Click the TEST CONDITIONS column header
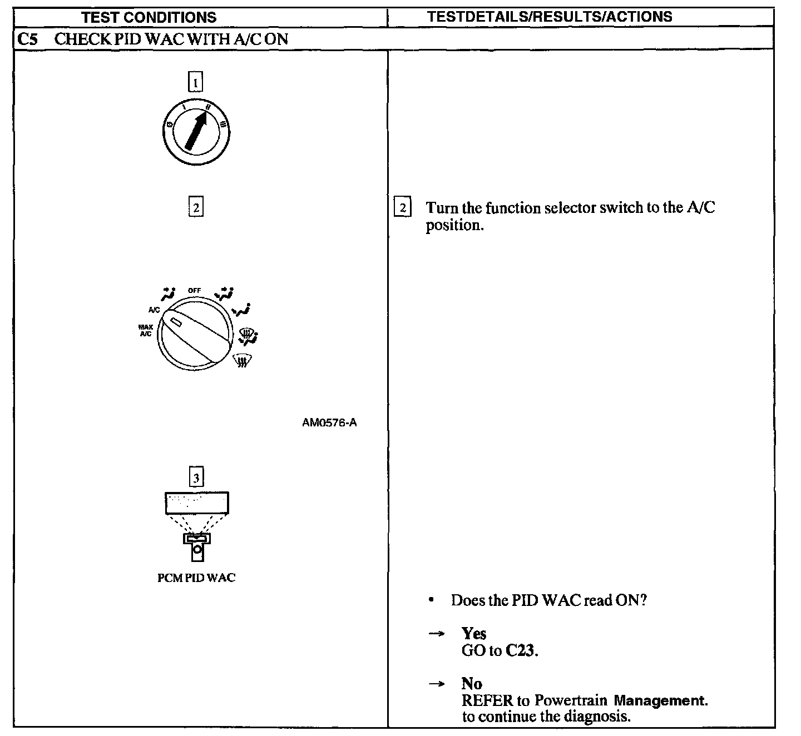[x=149, y=17]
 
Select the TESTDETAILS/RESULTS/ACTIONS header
[x=550, y=17]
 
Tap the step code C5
[x=27, y=39]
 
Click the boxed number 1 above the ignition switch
[x=195, y=82]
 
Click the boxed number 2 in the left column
[x=195, y=207]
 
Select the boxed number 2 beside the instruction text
[x=402, y=207]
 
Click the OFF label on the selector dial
[x=194, y=290]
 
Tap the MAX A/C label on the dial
[x=146, y=331]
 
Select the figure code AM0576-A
[x=329, y=422]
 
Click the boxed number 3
[x=196, y=478]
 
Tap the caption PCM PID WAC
[x=196, y=578]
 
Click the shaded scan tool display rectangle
[x=197, y=503]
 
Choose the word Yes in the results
[x=474, y=633]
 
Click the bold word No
[x=472, y=683]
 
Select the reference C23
[x=521, y=650]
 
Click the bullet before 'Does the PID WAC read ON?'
[x=431, y=600]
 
